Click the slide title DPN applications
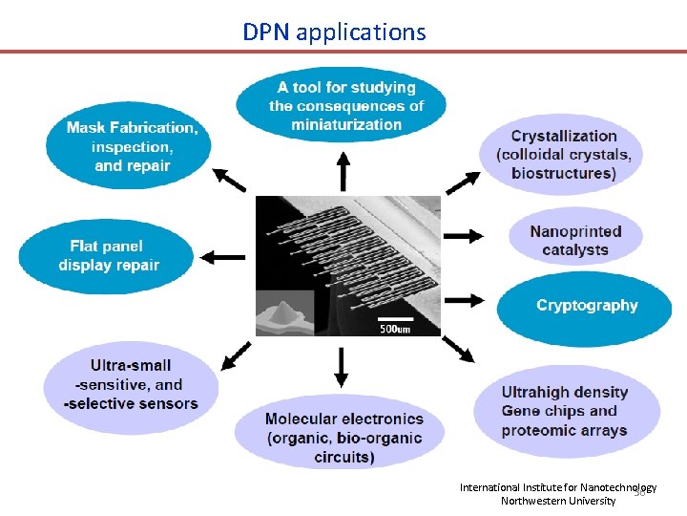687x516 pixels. click(x=334, y=32)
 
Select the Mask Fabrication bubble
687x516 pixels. click(x=128, y=146)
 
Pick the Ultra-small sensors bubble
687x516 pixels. click(x=131, y=384)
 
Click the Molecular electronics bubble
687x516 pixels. click(x=343, y=437)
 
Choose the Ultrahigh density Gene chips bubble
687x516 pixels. click(x=566, y=411)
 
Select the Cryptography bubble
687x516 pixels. click(x=586, y=306)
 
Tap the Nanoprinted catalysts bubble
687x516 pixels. click(x=575, y=241)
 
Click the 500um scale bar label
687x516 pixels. click(x=395, y=328)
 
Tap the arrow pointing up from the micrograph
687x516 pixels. click(x=343, y=173)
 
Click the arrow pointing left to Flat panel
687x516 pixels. click(x=223, y=256)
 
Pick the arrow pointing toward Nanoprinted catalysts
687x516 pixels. click(x=464, y=236)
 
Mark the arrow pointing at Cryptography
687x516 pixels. click(x=464, y=299)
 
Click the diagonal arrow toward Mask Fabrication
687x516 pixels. click(x=229, y=179)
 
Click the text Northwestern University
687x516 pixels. click(x=558, y=501)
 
